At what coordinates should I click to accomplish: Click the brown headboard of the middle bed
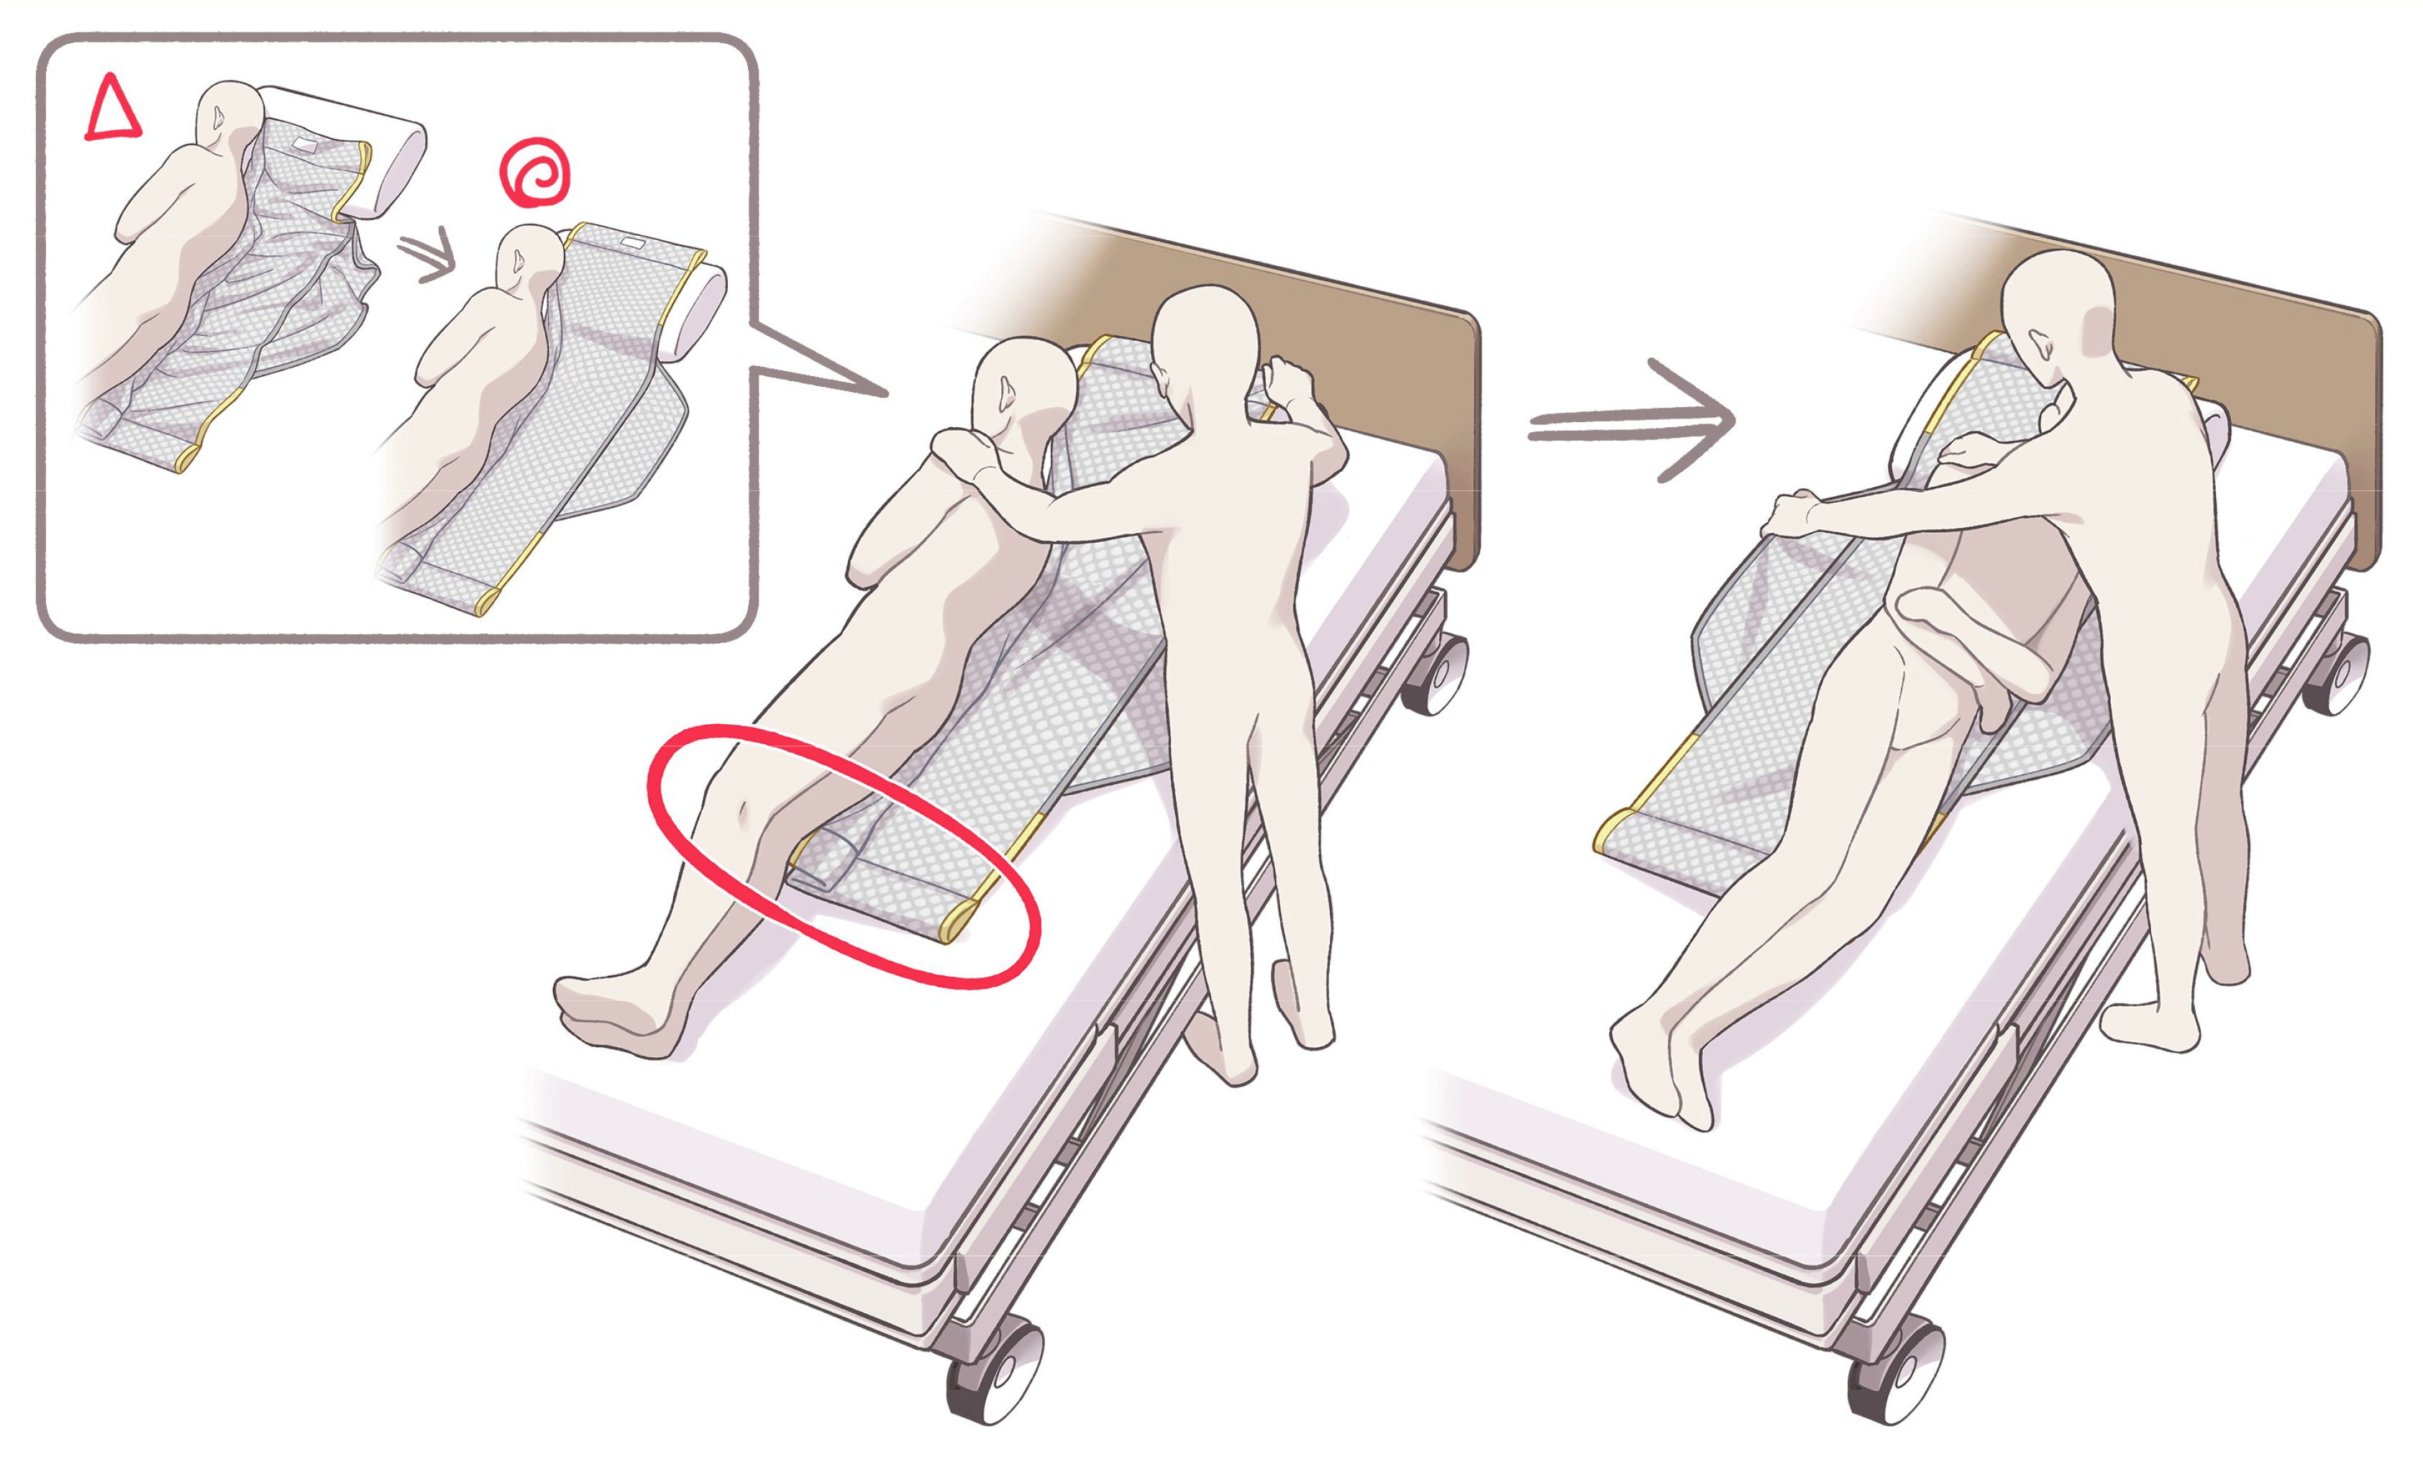click(1377, 374)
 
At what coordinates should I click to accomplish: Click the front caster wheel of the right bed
click(1896, 1371)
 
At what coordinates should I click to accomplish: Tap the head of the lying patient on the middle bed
click(1023, 388)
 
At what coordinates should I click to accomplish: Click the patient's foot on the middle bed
click(610, 1013)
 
